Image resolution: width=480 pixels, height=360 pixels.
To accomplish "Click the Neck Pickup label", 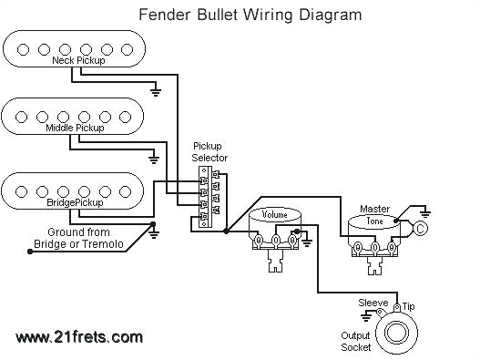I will point(77,60).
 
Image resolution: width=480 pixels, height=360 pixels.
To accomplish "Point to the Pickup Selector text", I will point(209,152).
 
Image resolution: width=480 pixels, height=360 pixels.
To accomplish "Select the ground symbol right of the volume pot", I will point(306,242).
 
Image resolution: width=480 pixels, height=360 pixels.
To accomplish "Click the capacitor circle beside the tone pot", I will point(422,228).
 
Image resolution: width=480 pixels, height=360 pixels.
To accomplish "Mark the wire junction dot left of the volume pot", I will point(225,232).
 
